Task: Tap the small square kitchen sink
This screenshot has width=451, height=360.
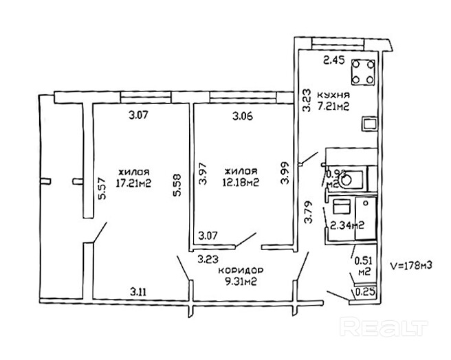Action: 369,124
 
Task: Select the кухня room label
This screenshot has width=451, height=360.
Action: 337,95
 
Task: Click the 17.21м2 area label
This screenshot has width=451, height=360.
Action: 134,183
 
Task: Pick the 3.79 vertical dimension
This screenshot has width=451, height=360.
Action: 309,212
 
